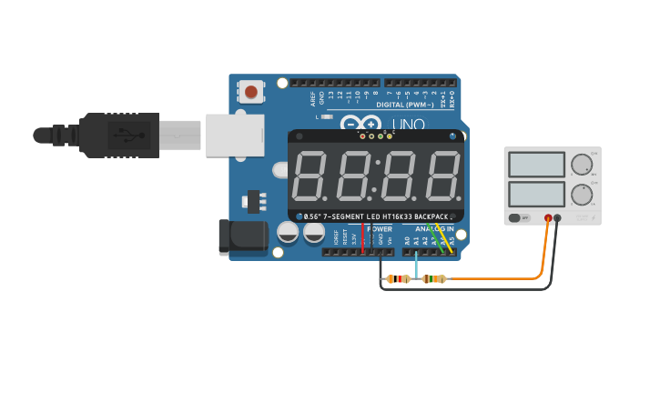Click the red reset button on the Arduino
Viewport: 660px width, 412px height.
point(250,91)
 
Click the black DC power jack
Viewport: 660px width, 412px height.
point(241,237)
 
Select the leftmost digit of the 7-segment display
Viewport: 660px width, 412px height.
point(310,176)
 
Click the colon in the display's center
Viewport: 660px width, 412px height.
point(375,176)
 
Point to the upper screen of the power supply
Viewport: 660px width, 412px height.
point(537,165)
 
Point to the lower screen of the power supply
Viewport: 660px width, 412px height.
point(537,194)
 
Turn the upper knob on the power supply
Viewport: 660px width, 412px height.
point(581,165)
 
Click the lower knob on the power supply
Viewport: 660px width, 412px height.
point(581,195)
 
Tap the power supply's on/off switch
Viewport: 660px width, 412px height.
point(519,218)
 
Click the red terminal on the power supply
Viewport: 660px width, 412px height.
point(548,218)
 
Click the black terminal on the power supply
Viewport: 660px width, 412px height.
point(558,218)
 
